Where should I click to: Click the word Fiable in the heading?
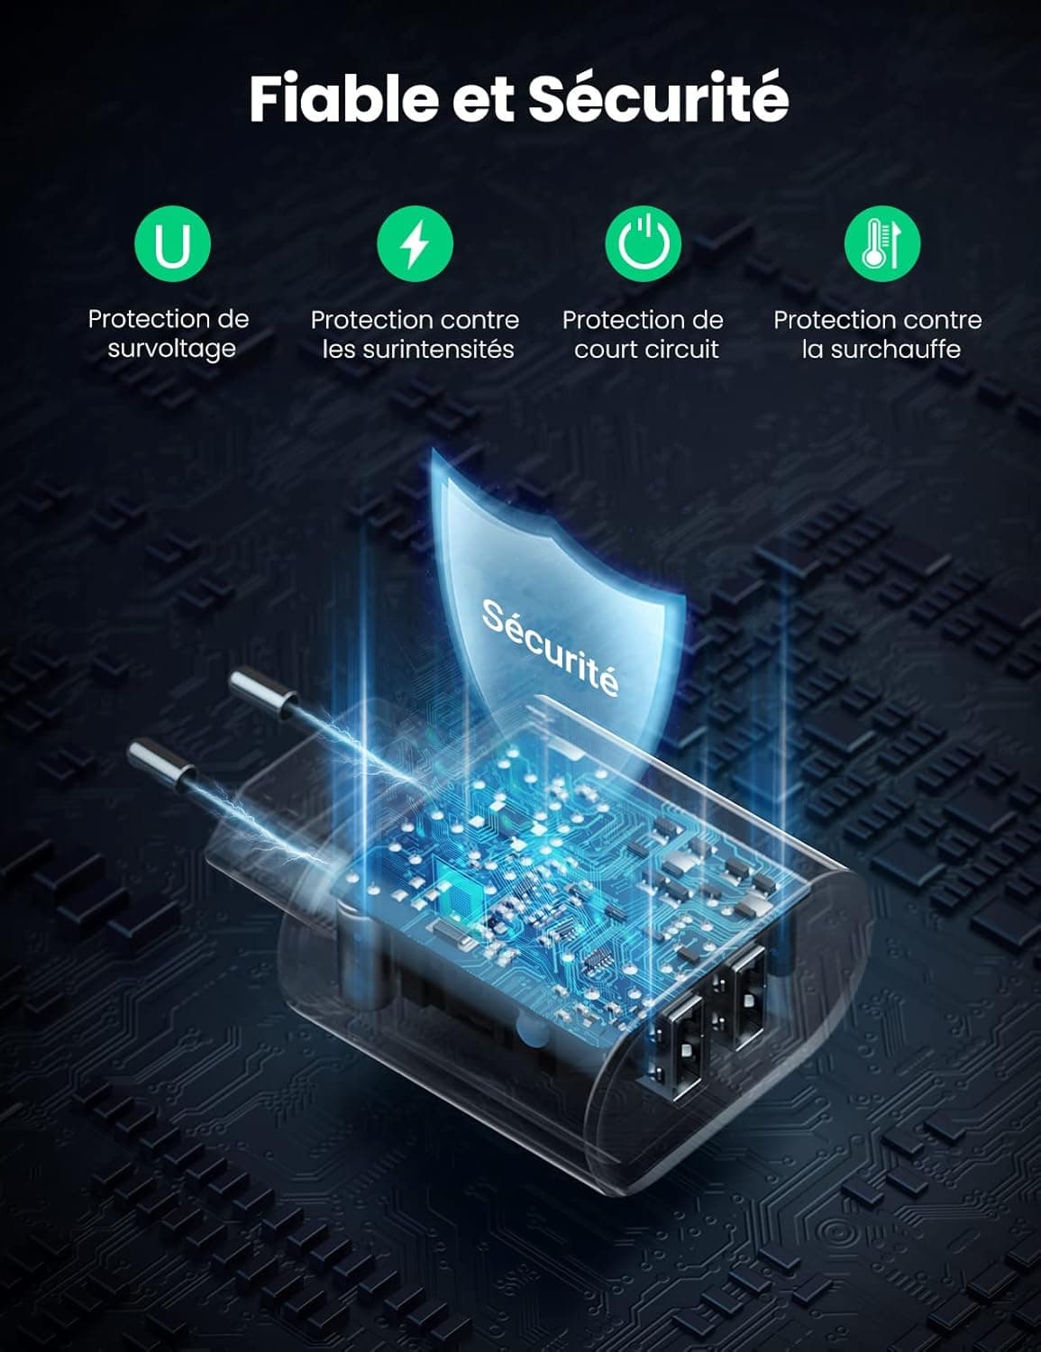point(344,99)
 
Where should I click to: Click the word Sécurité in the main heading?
point(659,97)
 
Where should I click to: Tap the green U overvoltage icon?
point(172,243)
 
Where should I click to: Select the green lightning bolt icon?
point(415,243)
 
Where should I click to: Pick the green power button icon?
point(643,243)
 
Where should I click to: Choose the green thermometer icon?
point(882,243)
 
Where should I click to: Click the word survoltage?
point(171,349)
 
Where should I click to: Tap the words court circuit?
point(646,349)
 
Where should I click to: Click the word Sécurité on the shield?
point(551,646)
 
